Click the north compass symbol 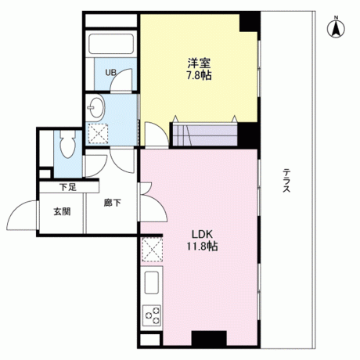(336, 27)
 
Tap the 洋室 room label (199, 63)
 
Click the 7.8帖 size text (199, 76)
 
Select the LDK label (203, 234)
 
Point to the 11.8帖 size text (202, 247)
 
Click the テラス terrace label (286, 181)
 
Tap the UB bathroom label (110, 72)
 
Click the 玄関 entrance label (62, 211)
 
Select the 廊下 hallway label (112, 203)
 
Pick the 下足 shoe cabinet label (68, 187)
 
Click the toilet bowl (67, 144)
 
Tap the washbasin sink (95, 108)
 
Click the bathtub (111, 44)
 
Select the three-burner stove (152, 315)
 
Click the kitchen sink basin (152, 283)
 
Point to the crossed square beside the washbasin (98, 134)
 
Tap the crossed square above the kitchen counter (152, 250)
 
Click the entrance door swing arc (16, 210)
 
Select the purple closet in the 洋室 (205, 135)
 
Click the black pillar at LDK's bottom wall (209, 338)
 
